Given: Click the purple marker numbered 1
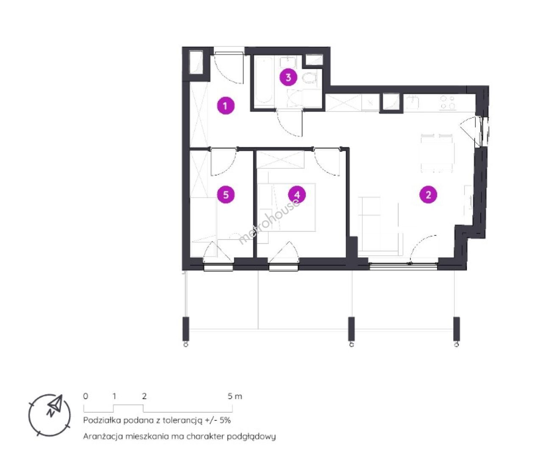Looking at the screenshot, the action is (225, 106).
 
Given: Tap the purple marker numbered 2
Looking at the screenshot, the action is (428, 195).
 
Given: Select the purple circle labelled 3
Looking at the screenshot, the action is (288, 78).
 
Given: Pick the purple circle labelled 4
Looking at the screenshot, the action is (297, 195).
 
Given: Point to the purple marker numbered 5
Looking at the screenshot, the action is (226, 195).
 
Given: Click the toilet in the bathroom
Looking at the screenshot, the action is (310, 78).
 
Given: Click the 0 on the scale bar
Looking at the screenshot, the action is (86, 396).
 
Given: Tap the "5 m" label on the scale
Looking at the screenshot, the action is (235, 397).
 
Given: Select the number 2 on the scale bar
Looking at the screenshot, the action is (145, 396).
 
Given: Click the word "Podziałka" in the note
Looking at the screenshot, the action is (102, 420).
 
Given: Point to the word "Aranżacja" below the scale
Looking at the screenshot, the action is (103, 437).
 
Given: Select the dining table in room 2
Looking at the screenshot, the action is (436, 153).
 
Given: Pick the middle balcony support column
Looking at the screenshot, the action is (351, 329).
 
